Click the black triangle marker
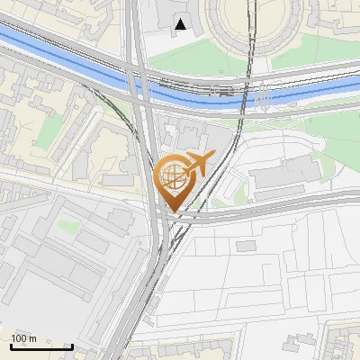click(x=183, y=24)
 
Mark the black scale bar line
click(x=41, y=347)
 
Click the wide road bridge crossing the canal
click(x=140, y=76)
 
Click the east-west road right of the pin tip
click(x=270, y=212)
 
